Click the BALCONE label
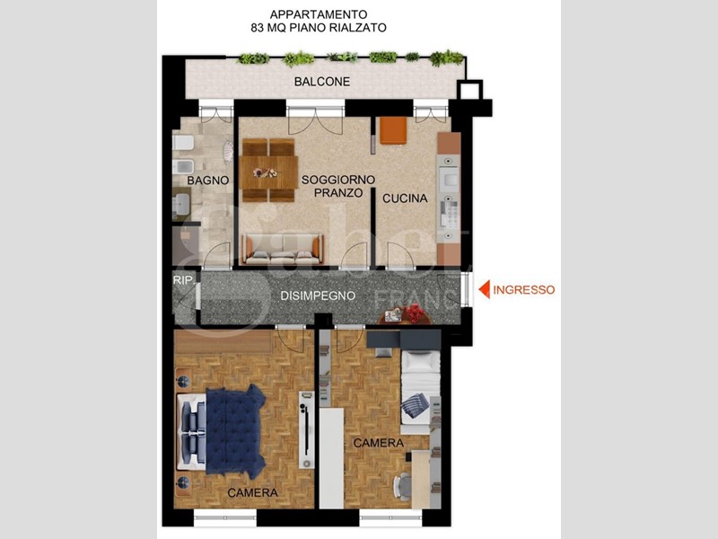[321, 83]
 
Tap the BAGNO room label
[208, 181]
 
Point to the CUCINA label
[405, 199]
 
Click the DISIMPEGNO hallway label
[318, 296]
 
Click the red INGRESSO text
[525, 290]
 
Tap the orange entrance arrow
[483, 290]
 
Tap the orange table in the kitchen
[393, 130]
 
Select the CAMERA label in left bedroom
[252, 493]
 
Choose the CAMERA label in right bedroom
[378, 444]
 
